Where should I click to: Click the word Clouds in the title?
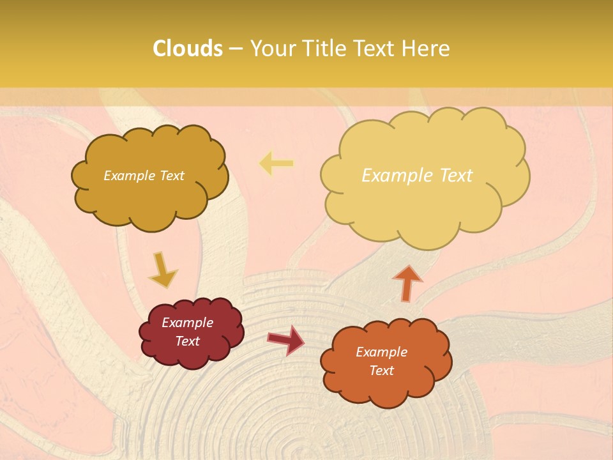(188, 49)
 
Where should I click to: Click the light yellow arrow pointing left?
(276, 164)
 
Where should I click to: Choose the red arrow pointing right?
(286, 339)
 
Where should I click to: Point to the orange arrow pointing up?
(407, 282)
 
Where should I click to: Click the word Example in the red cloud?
(187, 323)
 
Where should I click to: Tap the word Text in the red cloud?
(187, 341)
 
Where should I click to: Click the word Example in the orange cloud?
(381, 352)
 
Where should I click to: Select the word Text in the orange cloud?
(381, 371)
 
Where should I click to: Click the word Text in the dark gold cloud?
(171, 176)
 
